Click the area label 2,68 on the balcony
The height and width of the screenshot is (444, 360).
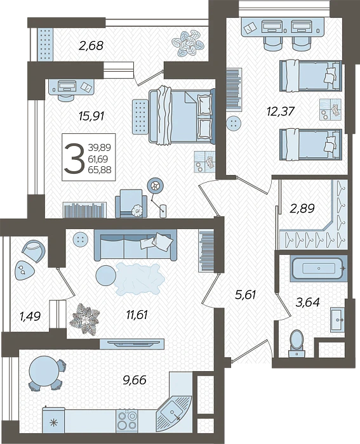[x=91, y=45]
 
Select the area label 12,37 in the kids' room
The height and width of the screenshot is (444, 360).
[x=281, y=112]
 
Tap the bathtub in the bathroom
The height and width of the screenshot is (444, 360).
[x=316, y=269]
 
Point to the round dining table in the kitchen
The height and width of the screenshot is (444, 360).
[x=43, y=369]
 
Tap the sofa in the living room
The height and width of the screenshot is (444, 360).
[x=135, y=244]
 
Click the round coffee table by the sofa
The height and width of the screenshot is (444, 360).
[x=105, y=275]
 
